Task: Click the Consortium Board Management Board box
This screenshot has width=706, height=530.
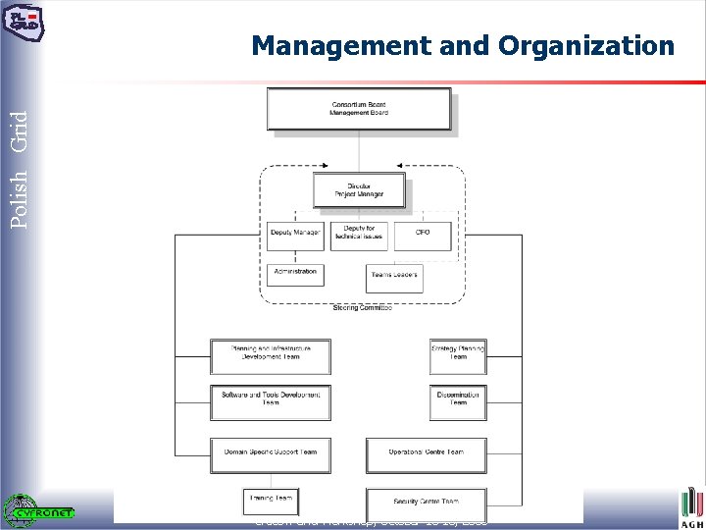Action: (x=359, y=109)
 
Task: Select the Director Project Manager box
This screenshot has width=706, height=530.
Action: (x=359, y=189)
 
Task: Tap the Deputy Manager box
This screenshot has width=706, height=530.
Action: (x=294, y=236)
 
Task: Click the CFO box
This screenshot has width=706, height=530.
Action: (x=423, y=236)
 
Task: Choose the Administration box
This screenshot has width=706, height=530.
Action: (x=294, y=273)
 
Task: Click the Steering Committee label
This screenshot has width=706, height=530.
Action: (x=362, y=308)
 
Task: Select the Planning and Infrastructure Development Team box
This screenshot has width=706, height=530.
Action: (x=270, y=355)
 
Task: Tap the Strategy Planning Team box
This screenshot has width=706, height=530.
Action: (x=458, y=355)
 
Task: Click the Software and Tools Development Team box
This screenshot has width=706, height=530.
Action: (x=270, y=401)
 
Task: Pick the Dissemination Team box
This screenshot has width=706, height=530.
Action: (x=458, y=401)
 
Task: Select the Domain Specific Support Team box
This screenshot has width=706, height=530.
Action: (x=270, y=454)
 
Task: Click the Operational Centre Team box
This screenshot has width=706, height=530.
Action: (x=426, y=454)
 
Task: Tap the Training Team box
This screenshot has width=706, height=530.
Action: (x=270, y=501)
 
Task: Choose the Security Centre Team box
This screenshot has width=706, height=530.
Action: (x=426, y=503)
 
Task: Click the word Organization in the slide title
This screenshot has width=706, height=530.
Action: (x=586, y=45)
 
